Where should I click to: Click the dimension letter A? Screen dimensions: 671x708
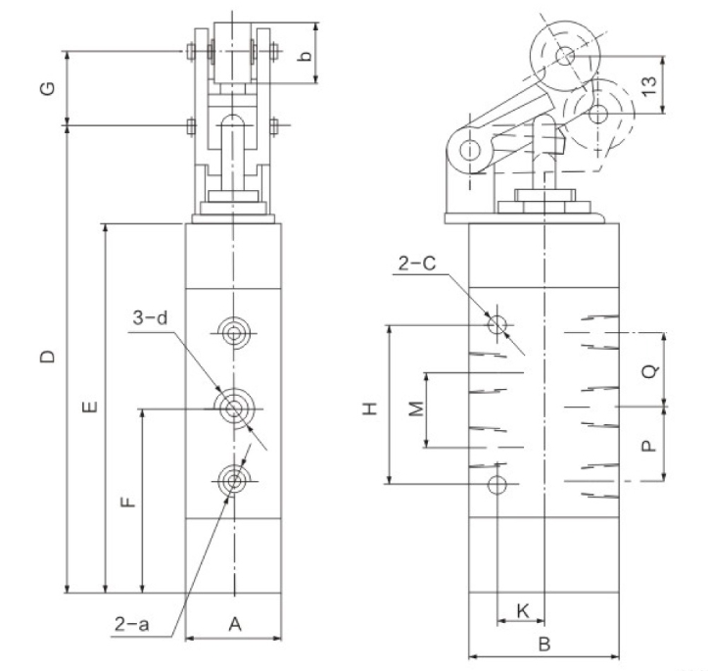[234, 623]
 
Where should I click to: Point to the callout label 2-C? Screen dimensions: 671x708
[417, 263]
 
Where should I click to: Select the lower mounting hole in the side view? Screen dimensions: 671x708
[498, 483]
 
